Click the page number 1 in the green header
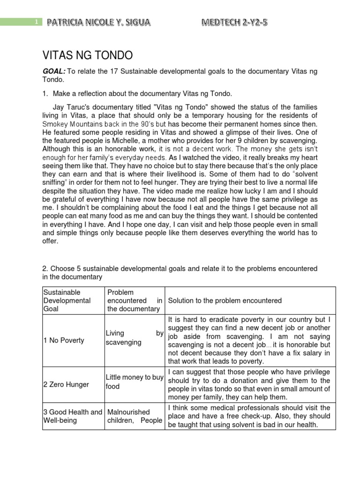36,22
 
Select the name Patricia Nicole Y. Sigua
98,22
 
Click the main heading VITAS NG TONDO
88,56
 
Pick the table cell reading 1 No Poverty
64,340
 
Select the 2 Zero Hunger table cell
66,384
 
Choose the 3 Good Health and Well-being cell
73,416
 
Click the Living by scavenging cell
134,337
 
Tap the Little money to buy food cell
134,382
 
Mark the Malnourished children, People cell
134,416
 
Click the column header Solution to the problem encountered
225,300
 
